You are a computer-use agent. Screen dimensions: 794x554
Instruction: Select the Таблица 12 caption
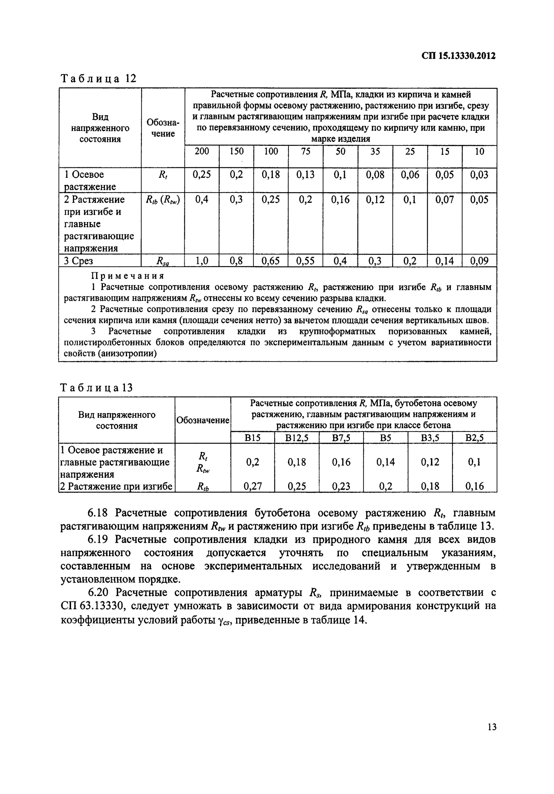click(x=99, y=79)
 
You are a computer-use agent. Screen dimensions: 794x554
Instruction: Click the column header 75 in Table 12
click(x=305, y=151)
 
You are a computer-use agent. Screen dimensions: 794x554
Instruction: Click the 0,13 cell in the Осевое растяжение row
click(x=305, y=175)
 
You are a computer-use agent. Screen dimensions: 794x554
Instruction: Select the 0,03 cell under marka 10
click(x=479, y=175)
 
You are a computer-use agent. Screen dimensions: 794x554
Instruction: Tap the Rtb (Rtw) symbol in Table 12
click(x=163, y=200)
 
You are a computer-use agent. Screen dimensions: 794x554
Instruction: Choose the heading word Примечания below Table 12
click(x=127, y=276)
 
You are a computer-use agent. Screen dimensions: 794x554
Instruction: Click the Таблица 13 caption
click(x=96, y=388)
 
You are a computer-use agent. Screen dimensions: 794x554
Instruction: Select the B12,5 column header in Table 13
click(x=297, y=438)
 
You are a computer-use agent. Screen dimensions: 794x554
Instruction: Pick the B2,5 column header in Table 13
click(x=474, y=438)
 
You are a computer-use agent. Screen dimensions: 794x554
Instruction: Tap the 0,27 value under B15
click(x=252, y=486)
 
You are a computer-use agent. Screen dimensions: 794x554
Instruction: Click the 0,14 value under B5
click(x=385, y=462)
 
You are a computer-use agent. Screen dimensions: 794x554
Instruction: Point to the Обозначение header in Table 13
click(x=203, y=420)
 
